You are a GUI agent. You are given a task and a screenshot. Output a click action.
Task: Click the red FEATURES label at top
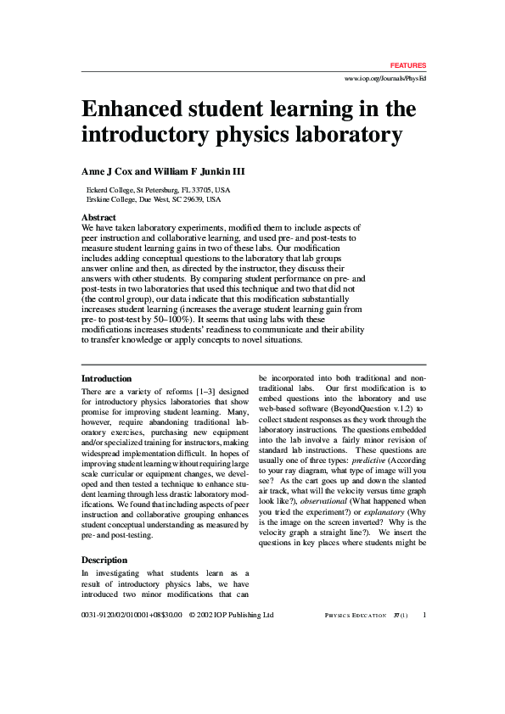point(408,65)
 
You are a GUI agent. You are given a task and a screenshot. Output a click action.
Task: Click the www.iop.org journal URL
point(384,78)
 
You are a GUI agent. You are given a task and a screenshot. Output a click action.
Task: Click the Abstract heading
point(98,218)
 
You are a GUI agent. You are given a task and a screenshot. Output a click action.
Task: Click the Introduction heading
point(106,378)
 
